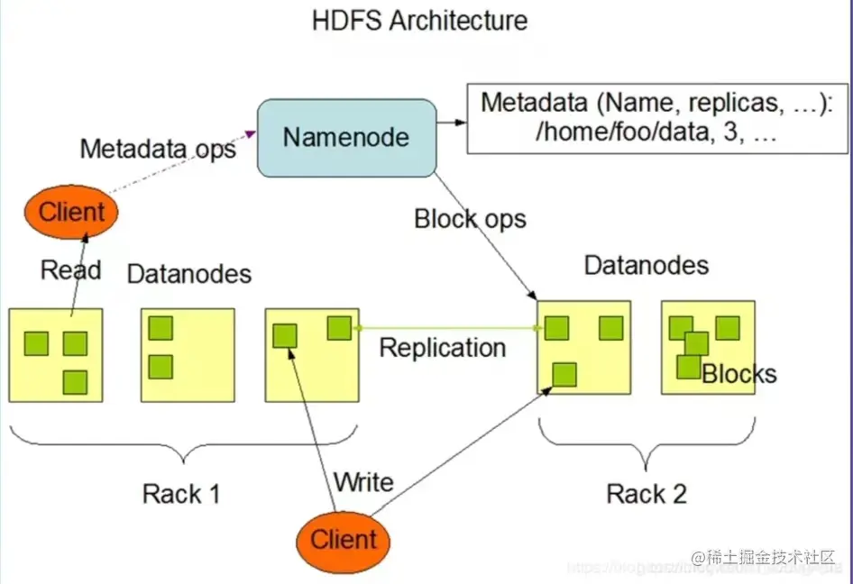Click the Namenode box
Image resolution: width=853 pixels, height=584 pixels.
[x=346, y=137]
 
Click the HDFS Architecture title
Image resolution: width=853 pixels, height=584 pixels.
[x=420, y=20]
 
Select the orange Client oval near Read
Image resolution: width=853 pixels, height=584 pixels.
[x=72, y=213]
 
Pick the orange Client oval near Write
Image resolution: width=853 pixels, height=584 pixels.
[x=344, y=540]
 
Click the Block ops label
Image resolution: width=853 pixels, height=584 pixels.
[x=470, y=218]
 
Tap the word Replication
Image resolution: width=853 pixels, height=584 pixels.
[x=443, y=347]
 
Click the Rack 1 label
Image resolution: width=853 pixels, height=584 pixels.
[x=181, y=493]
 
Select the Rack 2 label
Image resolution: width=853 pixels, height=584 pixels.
[x=647, y=493]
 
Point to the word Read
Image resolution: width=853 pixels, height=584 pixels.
[x=71, y=269]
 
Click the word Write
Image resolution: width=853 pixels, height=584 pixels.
[x=363, y=481]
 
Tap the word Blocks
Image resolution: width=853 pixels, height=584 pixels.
[x=738, y=373]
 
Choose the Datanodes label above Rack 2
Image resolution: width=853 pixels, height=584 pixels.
[x=647, y=265]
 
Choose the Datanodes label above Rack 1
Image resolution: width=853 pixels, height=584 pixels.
[x=189, y=273]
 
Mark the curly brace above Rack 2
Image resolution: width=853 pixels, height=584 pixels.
[x=647, y=445]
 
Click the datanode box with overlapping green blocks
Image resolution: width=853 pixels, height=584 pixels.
[x=708, y=347]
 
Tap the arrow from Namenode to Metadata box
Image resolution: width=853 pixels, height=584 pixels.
[x=451, y=121]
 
